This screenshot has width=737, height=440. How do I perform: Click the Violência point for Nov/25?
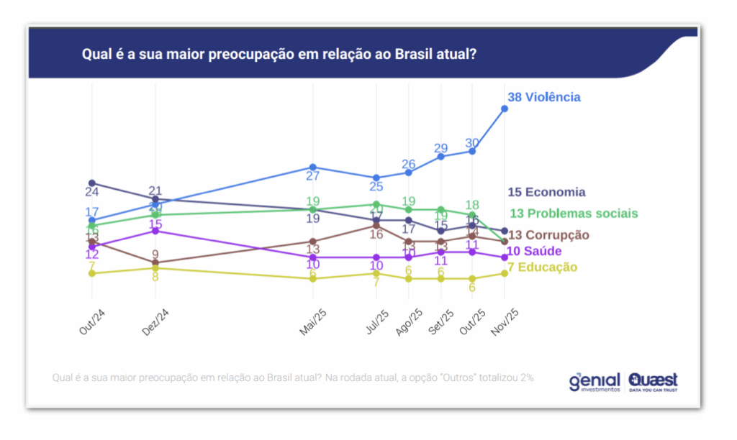click(x=505, y=109)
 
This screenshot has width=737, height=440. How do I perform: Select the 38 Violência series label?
click(x=543, y=97)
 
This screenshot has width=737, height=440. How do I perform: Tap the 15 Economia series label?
click(x=546, y=192)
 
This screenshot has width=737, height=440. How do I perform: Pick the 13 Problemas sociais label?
click(x=573, y=214)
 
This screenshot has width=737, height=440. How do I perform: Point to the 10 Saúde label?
click(x=534, y=251)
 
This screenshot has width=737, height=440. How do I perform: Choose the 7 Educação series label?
click(x=543, y=267)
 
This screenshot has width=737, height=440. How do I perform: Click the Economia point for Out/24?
click(x=92, y=183)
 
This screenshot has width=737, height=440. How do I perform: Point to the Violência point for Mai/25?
click(x=313, y=167)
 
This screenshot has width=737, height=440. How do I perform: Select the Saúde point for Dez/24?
click(x=155, y=231)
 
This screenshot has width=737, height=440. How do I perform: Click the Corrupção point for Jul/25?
click(x=376, y=225)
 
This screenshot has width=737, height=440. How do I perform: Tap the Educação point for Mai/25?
click(x=313, y=278)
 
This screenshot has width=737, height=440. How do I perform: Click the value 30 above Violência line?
click(x=472, y=142)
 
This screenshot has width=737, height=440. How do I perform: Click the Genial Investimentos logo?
click(x=594, y=381)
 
